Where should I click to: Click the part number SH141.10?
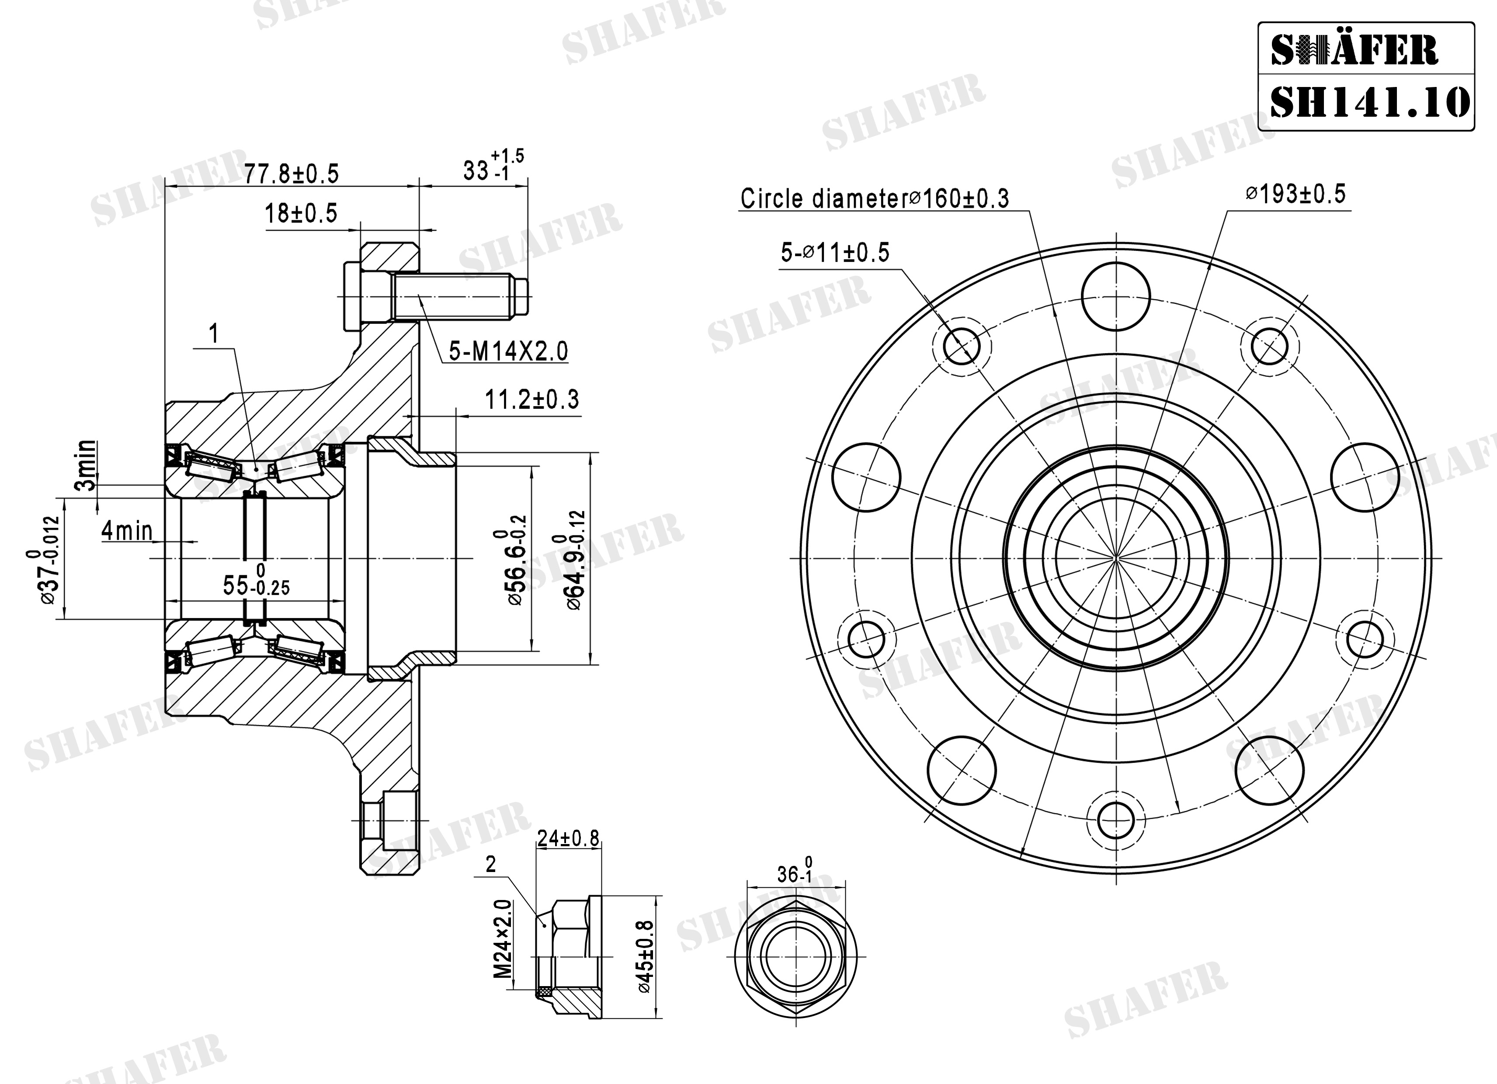tap(1370, 102)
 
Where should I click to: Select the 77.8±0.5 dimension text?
tap(291, 174)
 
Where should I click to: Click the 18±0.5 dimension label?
tap(301, 213)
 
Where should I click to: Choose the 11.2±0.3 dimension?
tap(532, 400)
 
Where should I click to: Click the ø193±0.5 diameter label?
tap(1295, 194)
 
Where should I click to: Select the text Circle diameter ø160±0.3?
tap(875, 198)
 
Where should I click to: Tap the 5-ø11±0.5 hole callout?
tap(835, 253)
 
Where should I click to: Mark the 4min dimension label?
tap(127, 531)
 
